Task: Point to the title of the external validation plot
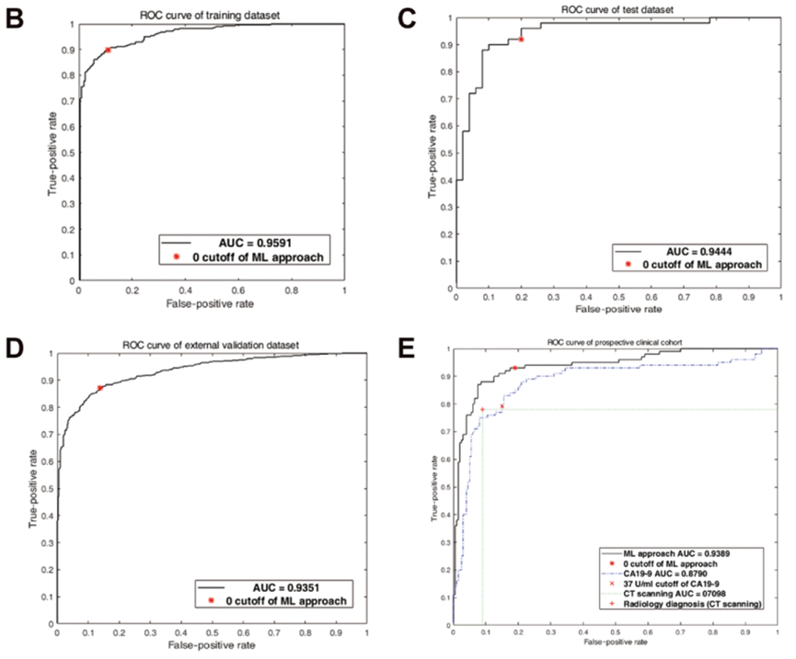(x=211, y=346)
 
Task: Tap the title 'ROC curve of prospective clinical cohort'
(x=615, y=343)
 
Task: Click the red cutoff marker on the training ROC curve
(x=108, y=50)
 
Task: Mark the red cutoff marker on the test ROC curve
(x=521, y=40)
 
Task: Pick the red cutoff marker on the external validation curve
(x=99, y=388)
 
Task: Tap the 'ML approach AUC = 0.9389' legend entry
(x=676, y=554)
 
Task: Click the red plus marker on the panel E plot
(x=482, y=409)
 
